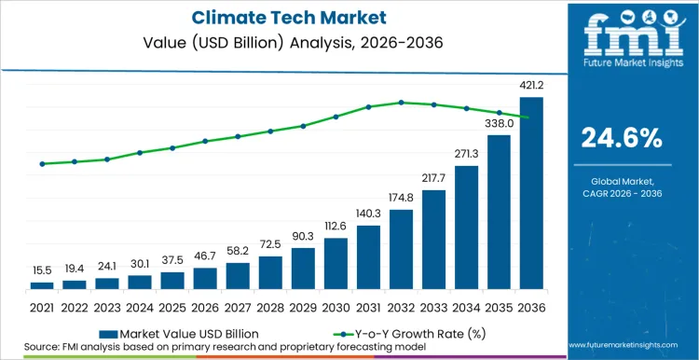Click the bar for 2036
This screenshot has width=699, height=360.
[x=531, y=193]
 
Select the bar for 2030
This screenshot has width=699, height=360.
[x=336, y=263]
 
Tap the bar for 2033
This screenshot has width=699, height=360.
[x=433, y=239]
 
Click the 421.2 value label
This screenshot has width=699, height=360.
[x=531, y=86]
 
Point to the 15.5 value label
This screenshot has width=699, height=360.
[x=42, y=270]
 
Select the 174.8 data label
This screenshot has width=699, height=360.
[x=401, y=199]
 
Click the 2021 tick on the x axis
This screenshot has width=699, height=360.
[x=42, y=307]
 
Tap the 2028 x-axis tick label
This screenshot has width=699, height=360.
[x=270, y=307]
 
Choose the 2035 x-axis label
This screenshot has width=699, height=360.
[x=499, y=307]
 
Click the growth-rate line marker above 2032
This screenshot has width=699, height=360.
[x=401, y=102]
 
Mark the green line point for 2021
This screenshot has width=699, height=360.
[x=42, y=164]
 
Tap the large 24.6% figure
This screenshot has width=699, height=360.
[x=621, y=138]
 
